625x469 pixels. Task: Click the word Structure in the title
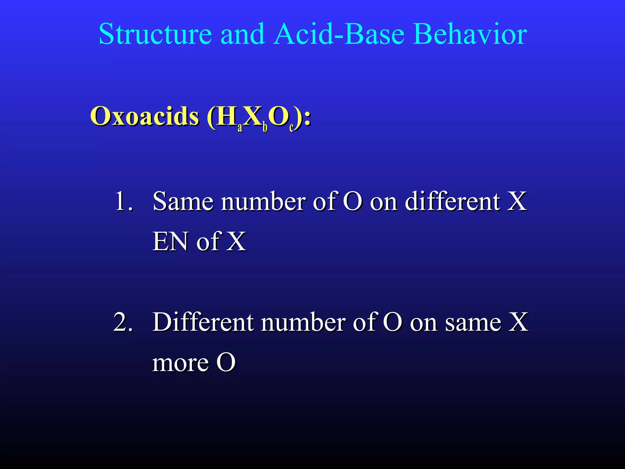click(155, 34)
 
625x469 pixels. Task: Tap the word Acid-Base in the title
click(339, 34)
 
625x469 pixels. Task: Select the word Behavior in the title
click(470, 34)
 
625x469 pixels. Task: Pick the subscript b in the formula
click(265, 127)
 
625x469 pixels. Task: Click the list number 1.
click(123, 202)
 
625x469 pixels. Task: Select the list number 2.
click(123, 322)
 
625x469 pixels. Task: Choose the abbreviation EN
click(170, 242)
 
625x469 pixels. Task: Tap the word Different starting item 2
click(203, 322)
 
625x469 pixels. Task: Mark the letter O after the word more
click(226, 363)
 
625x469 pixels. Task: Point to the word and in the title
click(242, 34)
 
